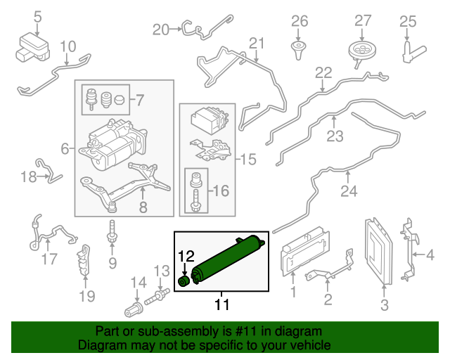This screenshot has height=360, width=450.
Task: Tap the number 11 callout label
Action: pos(222,304)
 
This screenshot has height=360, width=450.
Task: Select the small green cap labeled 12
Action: pos(184,281)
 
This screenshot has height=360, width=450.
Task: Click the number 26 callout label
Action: pos(300,21)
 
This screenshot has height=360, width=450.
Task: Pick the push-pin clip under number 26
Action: pos(300,49)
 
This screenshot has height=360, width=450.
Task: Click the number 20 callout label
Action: pos(161,30)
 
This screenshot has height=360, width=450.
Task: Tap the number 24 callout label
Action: pos(349,191)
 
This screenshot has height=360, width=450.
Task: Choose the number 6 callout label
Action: pos(65,149)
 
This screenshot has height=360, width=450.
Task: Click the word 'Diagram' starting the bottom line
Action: pos(99,345)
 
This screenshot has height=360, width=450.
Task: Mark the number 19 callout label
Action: pos(86,296)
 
